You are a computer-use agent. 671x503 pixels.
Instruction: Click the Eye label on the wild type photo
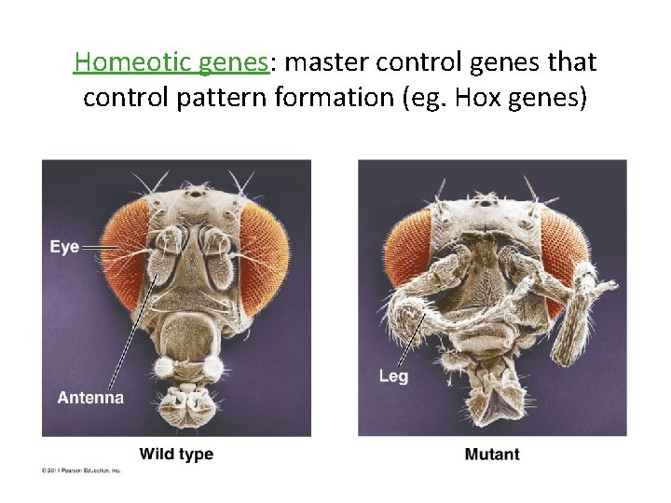click(x=64, y=247)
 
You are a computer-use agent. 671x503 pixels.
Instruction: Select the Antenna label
click(x=90, y=398)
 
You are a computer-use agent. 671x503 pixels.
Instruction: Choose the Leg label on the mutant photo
click(x=393, y=376)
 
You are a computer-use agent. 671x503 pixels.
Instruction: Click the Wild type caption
click(x=176, y=455)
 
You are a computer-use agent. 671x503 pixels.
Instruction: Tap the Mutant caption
click(x=491, y=455)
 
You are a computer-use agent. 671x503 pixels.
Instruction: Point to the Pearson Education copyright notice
click(x=81, y=470)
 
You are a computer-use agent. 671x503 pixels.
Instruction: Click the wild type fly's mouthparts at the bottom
click(x=187, y=405)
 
